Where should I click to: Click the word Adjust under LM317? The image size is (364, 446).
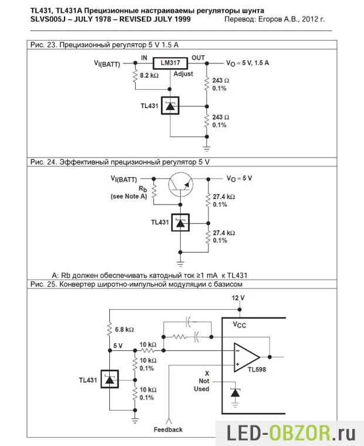coord(183,74)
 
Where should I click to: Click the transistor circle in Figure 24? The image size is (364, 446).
coord(181,185)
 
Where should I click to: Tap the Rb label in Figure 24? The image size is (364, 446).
coord(143,189)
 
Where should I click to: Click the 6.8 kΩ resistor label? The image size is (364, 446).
coord(124,329)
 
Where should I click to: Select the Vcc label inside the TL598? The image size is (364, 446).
coord(240,323)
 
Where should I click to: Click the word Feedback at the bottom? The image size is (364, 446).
coord(168,430)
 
